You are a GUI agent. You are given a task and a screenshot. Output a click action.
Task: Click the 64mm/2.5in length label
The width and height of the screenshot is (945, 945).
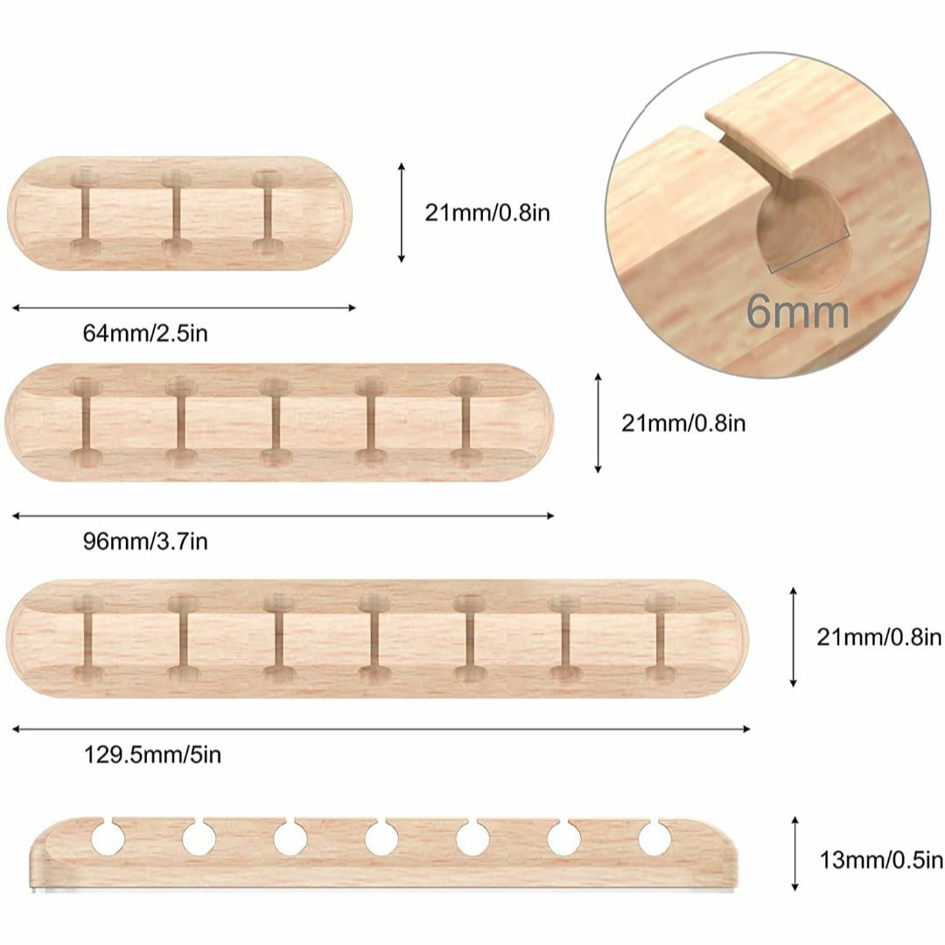(145, 333)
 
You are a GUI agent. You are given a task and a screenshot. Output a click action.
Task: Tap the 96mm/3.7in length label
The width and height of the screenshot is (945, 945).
(145, 542)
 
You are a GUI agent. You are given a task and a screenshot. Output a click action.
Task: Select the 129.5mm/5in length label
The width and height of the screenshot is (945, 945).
(152, 754)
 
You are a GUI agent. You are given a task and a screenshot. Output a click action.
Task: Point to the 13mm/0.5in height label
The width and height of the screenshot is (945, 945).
(880, 860)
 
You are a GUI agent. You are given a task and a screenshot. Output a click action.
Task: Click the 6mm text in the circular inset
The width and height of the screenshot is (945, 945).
(798, 311)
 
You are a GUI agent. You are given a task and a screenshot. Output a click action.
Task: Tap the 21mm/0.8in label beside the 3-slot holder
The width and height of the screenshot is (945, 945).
(487, 213)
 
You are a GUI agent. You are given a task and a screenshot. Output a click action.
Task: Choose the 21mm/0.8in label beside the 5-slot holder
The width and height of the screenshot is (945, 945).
(683, 423)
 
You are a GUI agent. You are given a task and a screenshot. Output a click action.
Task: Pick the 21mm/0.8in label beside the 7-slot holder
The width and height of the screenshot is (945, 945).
(878, 637)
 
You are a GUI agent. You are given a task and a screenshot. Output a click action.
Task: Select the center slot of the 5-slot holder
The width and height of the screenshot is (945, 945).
(276, 422)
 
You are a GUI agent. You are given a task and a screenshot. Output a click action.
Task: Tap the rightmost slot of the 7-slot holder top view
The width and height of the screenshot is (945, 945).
(661, 638)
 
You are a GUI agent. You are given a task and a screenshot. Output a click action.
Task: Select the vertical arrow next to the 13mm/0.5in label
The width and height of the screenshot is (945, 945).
(794, 854)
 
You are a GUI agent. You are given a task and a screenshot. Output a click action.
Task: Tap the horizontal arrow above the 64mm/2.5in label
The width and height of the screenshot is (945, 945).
(184, 308)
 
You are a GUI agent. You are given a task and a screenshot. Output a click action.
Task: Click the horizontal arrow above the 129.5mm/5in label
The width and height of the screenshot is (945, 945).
(381, 729)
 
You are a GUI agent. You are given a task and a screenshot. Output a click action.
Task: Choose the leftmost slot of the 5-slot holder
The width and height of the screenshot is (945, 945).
(86, 422)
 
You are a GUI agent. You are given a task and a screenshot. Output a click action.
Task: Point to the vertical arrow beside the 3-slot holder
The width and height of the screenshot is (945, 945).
(402, 213)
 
